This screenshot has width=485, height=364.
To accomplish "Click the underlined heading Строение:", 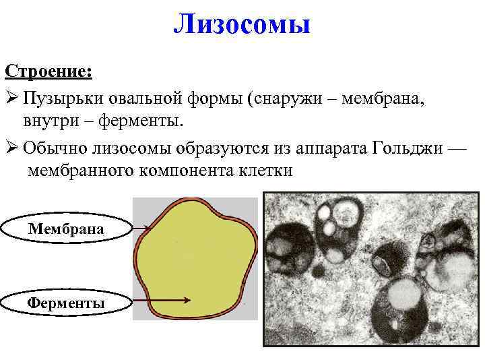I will point(49,71).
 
